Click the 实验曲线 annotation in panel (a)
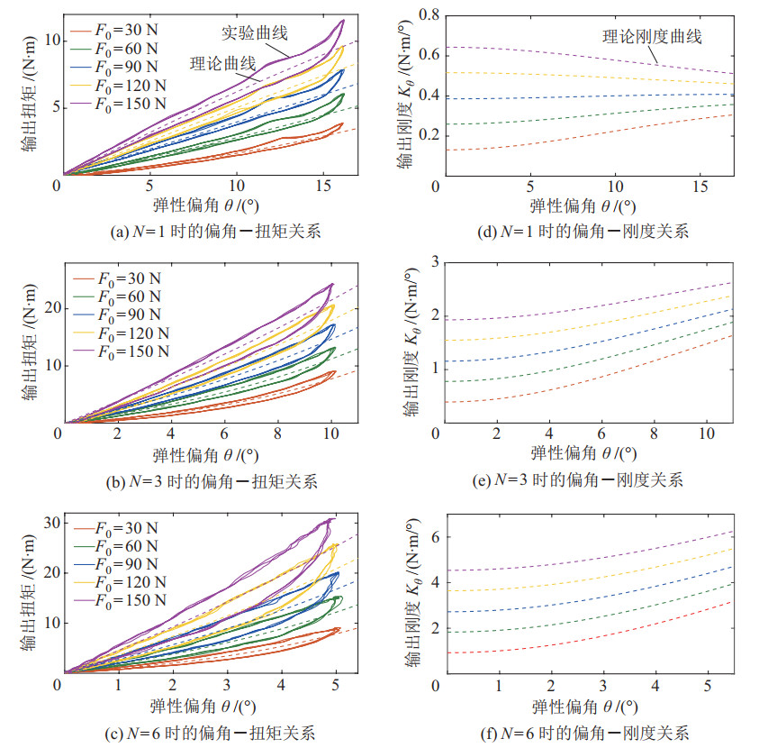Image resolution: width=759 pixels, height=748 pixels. [x=255, y=33]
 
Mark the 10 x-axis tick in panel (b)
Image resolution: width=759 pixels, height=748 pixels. [x=332, y=433]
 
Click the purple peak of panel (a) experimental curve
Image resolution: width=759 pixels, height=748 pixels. [x=343, y=20]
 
